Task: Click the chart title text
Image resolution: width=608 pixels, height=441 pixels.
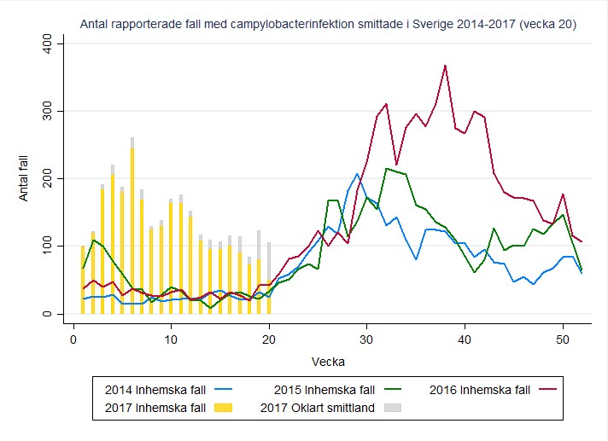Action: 327,25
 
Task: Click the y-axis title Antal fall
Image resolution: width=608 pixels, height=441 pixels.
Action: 24,178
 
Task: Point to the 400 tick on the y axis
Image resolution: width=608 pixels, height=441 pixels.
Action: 48,44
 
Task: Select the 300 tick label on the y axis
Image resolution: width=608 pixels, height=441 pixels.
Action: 48,111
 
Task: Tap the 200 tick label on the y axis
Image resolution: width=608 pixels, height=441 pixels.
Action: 48,178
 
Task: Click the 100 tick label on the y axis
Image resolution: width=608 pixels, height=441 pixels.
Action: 48,246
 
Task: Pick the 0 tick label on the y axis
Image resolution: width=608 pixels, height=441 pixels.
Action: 48,314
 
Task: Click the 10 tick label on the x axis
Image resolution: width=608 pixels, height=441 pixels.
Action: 171,338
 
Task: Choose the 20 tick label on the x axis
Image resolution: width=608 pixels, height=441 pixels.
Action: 268,338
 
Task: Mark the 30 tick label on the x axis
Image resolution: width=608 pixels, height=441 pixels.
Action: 366,338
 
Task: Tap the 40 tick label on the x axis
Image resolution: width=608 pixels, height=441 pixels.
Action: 465,338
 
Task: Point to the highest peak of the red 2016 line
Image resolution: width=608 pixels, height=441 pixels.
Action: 445,66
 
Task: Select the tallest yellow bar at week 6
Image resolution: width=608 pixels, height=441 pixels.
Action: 132,230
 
